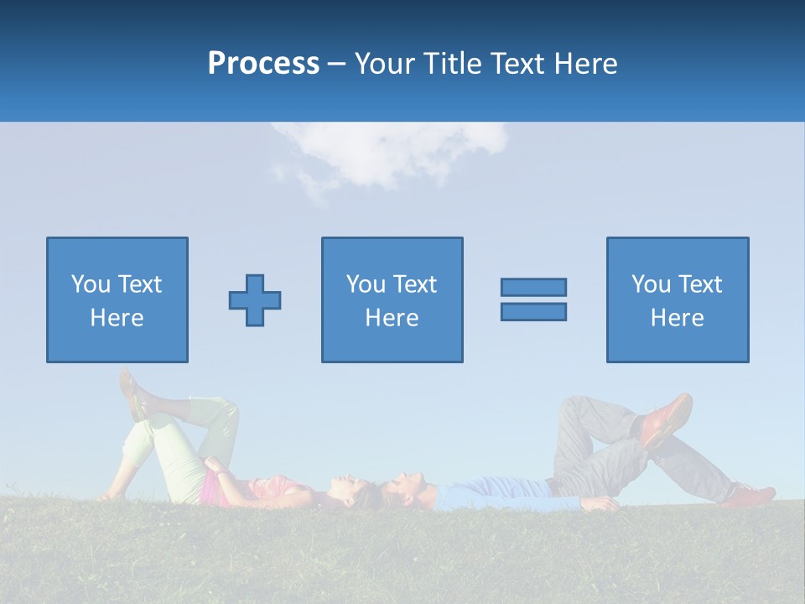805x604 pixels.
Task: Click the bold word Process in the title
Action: tap(263, 64)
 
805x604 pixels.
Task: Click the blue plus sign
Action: tap(255, 300)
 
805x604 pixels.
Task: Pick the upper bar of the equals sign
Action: tap(533, 287)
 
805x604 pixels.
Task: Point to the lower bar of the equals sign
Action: tap(533, 311)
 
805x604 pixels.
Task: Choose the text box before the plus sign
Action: tap(117, 300)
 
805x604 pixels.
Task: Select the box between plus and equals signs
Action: tap(392, 300)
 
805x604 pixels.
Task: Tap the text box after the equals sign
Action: tap(678, 300)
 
